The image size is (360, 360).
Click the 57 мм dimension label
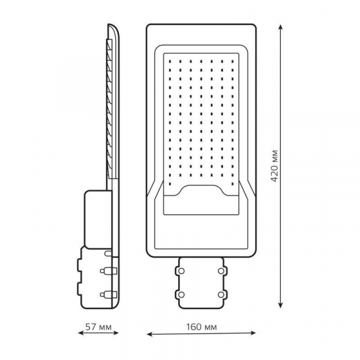(x=98, y=327)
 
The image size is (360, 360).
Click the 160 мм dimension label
(x=202, y=327)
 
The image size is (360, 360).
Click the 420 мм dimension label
(x=274, y=166)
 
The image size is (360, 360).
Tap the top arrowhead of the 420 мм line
(x=280, y=28)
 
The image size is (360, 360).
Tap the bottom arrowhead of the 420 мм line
(x=280, y=304)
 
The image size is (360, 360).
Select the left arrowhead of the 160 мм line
(x=150, y=334)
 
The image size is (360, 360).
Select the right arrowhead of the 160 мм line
(x=253, y=332)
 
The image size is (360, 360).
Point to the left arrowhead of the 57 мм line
(x=82, y=332)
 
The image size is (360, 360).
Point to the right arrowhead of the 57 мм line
(x=115, y=332)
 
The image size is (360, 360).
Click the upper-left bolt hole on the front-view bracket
(x=181, y=271)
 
